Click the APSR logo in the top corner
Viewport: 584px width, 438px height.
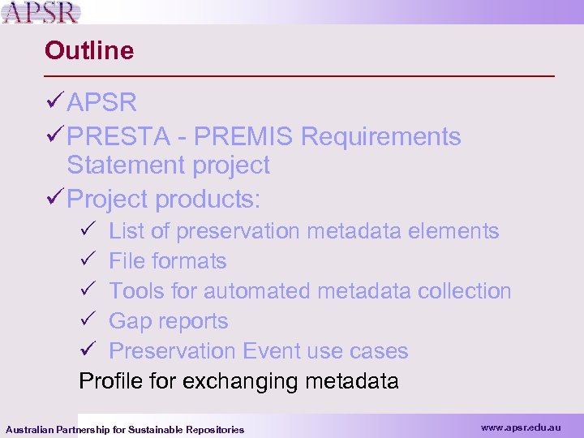tap(41, 12)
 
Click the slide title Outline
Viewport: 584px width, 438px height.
tap(89, 51)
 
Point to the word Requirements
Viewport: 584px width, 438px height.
tap(380, 137)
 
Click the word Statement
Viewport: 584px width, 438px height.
tap(125, 165)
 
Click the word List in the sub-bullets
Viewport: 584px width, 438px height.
tap(126, 231)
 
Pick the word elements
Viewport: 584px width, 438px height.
tap(453, 231)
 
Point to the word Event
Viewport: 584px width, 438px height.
tap(272, 351)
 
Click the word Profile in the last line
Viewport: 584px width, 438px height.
tap(114, 381)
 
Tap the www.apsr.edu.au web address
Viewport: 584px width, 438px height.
tap(521, 427)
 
